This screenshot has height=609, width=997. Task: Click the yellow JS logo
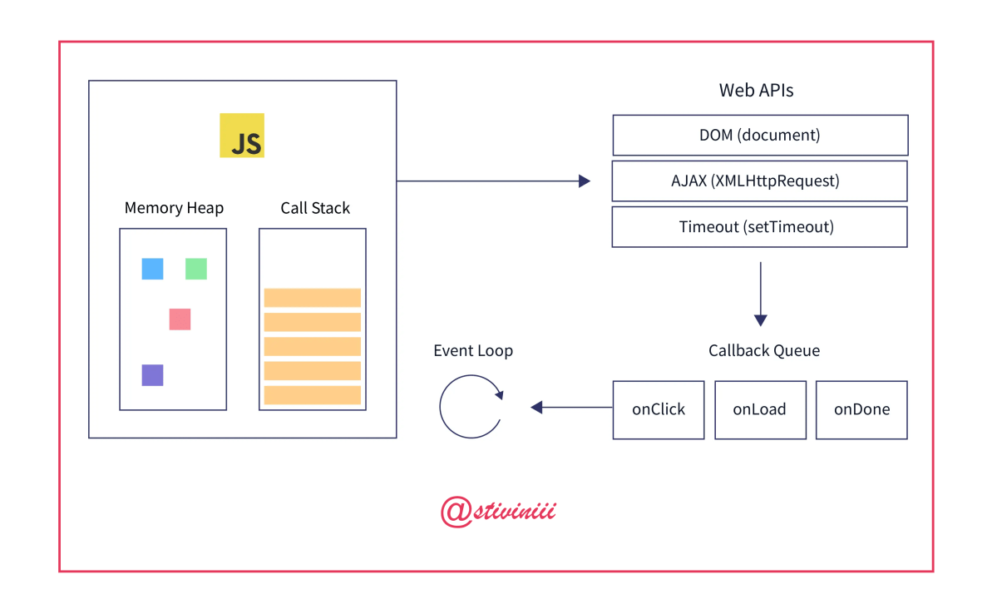241,136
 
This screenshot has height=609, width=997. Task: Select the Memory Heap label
174,208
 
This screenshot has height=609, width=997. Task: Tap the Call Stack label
315,208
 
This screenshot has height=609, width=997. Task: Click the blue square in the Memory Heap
152,269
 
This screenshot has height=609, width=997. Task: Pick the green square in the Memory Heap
195,269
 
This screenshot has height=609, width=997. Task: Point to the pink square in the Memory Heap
180,319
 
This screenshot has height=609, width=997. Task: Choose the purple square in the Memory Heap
152,375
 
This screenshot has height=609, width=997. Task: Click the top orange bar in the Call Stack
312,298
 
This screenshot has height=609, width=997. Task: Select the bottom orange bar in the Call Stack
312,395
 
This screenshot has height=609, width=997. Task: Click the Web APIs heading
756,91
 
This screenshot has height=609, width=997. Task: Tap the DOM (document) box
760,135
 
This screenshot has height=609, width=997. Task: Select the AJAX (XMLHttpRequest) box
759,181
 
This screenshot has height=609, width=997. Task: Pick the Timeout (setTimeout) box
759,227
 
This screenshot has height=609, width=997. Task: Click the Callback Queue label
763,350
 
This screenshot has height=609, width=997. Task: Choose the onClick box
659,409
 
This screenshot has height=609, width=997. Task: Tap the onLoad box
760,409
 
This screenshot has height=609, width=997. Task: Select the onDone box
861,409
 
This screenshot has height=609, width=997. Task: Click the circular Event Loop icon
471,406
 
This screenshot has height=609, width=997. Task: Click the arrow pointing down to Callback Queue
760,295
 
